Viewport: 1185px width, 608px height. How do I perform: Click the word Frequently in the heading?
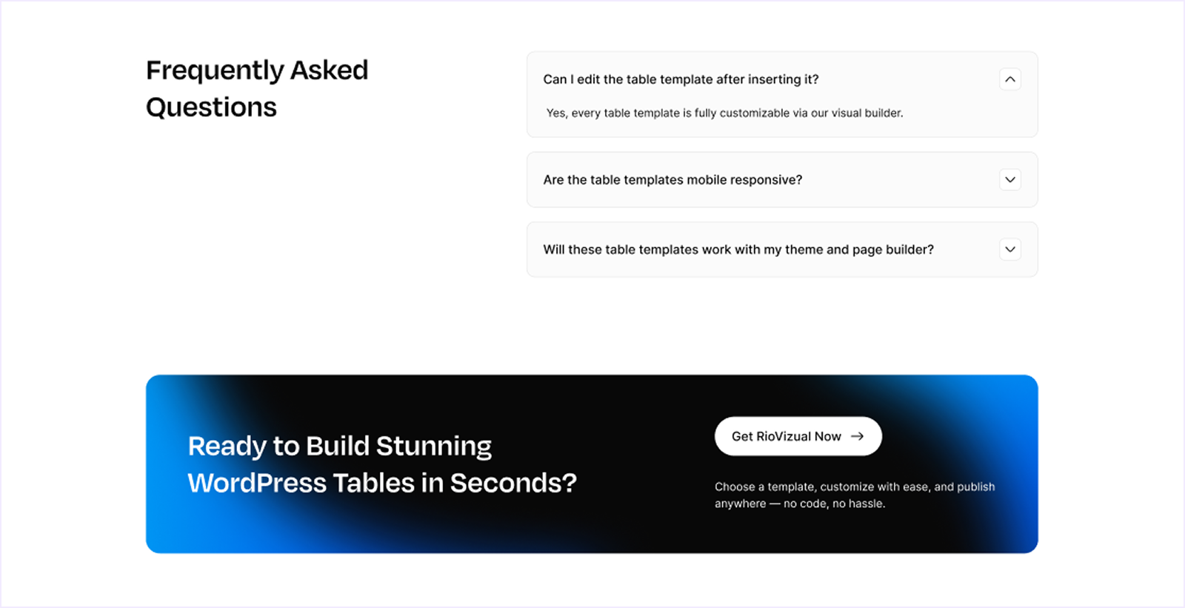(x=215, y=71)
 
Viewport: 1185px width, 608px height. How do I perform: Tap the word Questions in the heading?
(x=211, y=108)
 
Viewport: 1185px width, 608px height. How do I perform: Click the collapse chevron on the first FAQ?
(x=1009, y=79)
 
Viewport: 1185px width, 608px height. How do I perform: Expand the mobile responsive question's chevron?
(x=1009, y=180)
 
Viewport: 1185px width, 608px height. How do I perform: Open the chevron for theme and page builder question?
(x=1009, y=250)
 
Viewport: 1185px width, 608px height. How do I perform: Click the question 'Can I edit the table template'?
(x=681, y=79)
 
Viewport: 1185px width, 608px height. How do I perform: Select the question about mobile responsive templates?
(x=672, y=180)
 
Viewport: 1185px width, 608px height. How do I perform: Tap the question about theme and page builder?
(x=738, y=250)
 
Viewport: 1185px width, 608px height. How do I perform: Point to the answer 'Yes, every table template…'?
(x=724, y=113)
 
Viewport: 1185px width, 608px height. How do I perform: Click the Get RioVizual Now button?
(x=798, y=436)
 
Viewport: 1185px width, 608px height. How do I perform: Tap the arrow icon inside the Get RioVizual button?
(x=857, y=436)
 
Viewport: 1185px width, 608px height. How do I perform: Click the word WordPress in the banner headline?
(x=257, y=483)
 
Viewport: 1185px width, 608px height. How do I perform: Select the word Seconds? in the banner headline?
(x=513, y=483)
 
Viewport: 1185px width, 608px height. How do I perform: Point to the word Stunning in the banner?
(x=433, y=446)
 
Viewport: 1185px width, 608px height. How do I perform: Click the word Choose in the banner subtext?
(x=735, y=487)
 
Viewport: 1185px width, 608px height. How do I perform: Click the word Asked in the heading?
(x=329, y=71)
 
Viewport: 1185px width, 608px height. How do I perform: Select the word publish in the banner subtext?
(x=975, y=487)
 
